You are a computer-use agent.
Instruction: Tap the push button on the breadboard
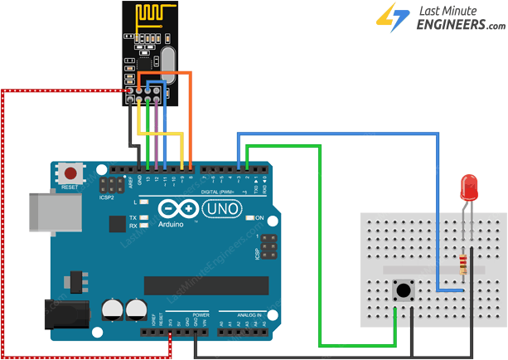click(x=404, y=291)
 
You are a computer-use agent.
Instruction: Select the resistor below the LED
click(x=462, y=265)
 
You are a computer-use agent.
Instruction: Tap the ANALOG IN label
click(x=246, y=316)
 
